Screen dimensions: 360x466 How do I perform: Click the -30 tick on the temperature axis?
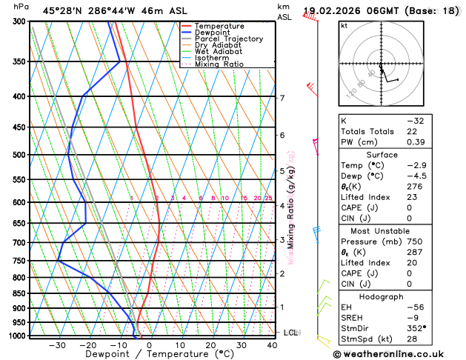[57, 345]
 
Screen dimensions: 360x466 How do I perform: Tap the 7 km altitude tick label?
[282, 98]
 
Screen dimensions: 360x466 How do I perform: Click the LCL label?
[290, 333]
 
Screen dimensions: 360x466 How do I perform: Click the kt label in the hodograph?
[344, 25]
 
